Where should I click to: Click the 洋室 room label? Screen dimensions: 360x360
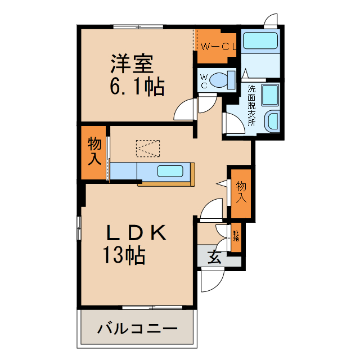[132, 63]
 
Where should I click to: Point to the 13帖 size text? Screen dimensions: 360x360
[124, 255]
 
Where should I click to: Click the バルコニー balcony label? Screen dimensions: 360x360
[137, 328]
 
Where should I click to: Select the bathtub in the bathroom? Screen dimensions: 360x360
[260, 42]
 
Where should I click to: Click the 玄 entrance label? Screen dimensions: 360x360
[214, 258]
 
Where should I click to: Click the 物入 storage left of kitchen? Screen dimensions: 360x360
[94, 151]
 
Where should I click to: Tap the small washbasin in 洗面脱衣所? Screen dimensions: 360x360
[273, 121]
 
